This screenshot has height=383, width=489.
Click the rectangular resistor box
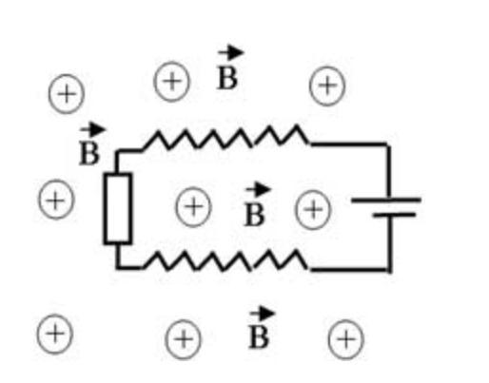105,209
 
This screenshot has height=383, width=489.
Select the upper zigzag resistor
225,138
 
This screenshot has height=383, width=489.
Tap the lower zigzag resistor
225,261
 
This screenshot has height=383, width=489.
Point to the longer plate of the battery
386,200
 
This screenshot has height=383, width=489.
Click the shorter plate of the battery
394,215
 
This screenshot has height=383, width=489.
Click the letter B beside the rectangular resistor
89,154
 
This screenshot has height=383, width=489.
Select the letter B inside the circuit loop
254,215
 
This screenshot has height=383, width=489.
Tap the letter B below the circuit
259,337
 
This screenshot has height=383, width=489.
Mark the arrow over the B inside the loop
258,190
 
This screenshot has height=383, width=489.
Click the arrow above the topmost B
231,52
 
